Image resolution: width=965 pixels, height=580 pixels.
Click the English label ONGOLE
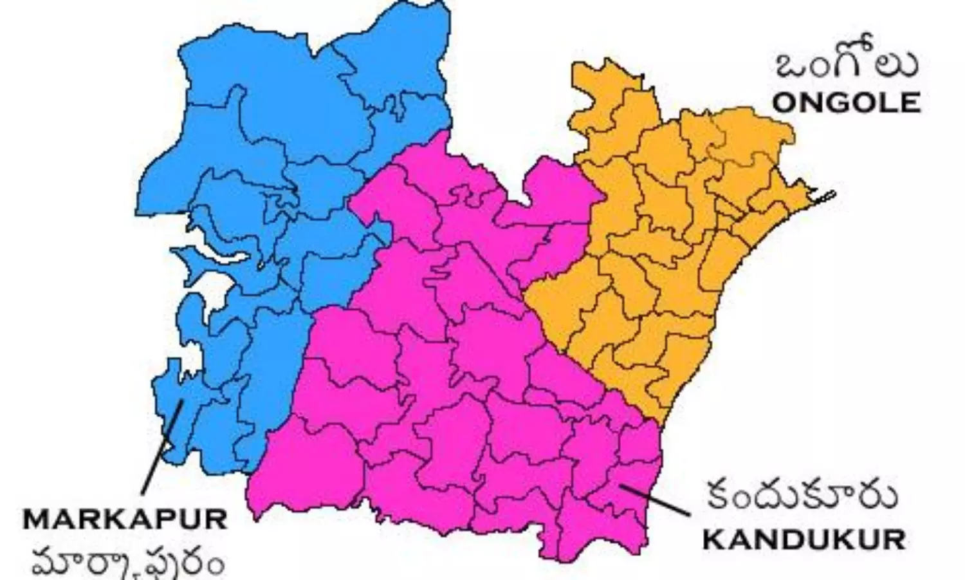845,102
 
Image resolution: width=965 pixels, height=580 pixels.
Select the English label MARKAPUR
125,519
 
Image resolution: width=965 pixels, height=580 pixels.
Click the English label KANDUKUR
804,539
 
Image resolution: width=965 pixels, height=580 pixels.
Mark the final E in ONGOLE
908,102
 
